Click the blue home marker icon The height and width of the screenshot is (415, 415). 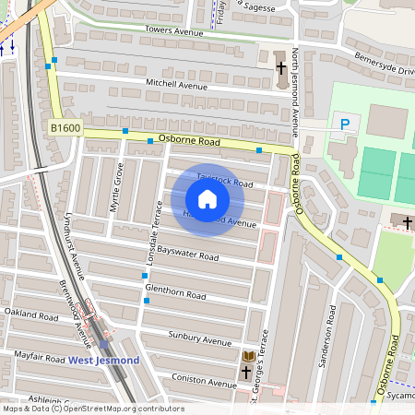click(x=207, y=199)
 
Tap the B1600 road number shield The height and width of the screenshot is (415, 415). click(x=65, y=129)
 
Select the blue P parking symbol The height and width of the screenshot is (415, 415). click(x=346, y=125)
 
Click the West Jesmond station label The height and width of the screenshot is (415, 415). click(x=104, y=359)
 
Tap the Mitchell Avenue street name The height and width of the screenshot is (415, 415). click(x=177, y=84)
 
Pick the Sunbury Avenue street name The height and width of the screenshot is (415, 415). click(x=199, y=338)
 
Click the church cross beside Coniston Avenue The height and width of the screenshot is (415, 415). click(x=246, y=373)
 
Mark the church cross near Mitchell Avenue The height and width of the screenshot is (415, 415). click(x=281, y=67)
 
